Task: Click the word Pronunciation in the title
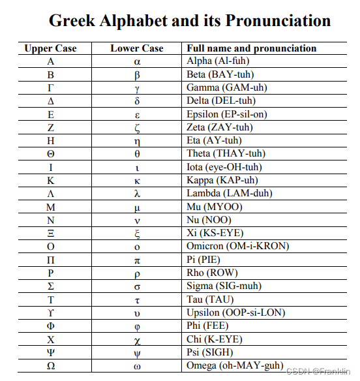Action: [x=278, y=20]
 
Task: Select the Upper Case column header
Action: [x=50, y=48]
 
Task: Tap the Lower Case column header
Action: [x=137, y=48]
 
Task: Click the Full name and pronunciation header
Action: [x=252, y=48]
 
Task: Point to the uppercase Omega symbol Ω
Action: [x=51, y=366]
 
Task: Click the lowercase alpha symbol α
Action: [x=137, y=61]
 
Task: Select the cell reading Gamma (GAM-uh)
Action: [x=227, y=87]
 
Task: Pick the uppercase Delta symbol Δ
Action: [x=51, y=101]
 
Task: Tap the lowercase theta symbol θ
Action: [x=137, y=154]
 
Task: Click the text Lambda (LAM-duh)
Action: [x=230, y=194]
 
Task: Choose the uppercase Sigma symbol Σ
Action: [x=51, y=286]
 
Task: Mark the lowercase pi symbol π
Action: [x=137, y=260]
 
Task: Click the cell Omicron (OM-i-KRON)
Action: [x=238, y=247]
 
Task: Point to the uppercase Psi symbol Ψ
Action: [x=51, y=353]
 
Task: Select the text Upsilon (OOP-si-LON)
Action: [x=236, y=313]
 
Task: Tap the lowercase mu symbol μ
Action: [x=137, y=207]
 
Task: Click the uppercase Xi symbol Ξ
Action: [x=51, y=234]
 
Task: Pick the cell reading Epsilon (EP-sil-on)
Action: [x=227, y=114]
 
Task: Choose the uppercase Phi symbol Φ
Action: [x=51, y=326]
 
